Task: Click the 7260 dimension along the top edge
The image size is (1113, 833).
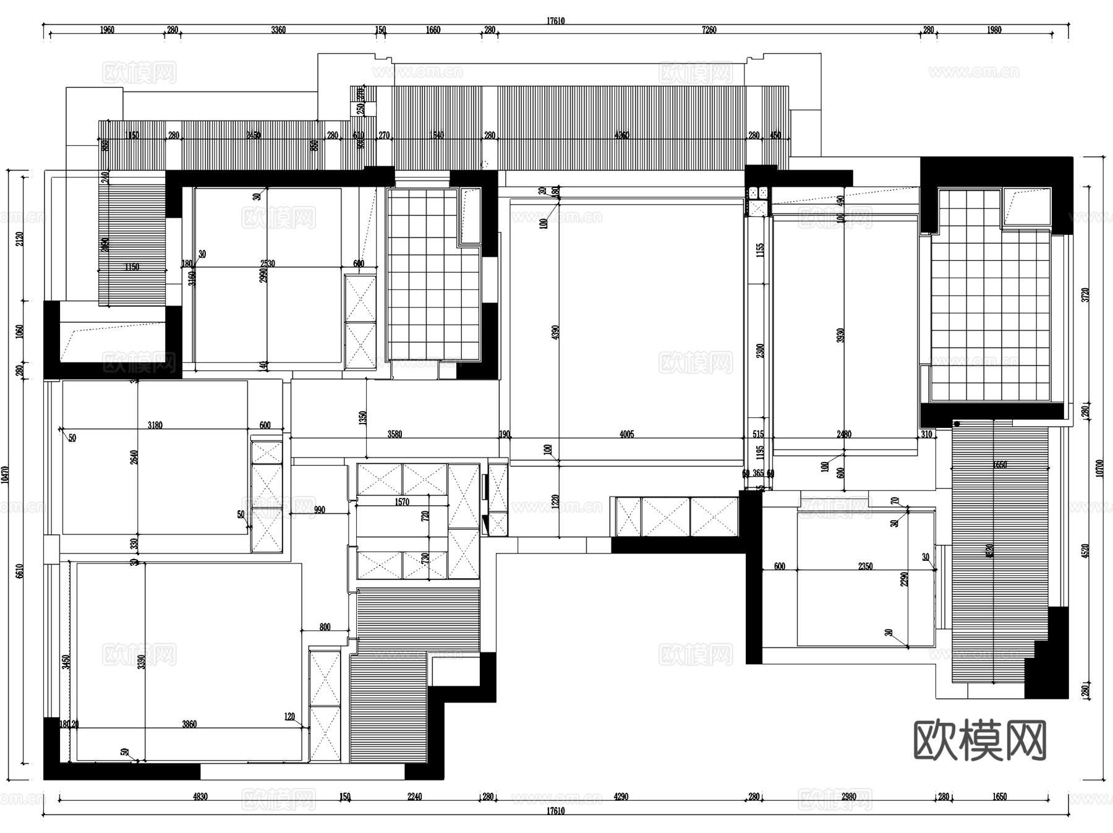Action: (x=709, y=30)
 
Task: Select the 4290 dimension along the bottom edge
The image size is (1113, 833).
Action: (x=621, y=797)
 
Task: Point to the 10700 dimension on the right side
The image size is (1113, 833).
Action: (x=1099, y=468)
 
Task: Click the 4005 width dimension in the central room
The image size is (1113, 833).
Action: (x=626, y=434)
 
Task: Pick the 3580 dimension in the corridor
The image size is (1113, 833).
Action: (x=394, y=434)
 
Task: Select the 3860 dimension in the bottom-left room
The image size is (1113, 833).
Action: (x=189, y=724)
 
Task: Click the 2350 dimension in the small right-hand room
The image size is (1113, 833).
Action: (x=865, y=566)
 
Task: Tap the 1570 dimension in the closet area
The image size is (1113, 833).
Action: (x=402, y=502)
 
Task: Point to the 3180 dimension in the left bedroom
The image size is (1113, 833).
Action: (x=155, y=425)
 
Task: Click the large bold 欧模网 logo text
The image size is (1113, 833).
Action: (x=979, y=740)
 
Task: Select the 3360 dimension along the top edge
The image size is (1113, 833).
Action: (x=278, y=30)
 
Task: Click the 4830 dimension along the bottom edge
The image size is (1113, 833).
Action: (x=200, y=797)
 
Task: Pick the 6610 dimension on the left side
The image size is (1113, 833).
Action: (x=20, y=570)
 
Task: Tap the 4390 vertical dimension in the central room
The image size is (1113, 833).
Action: (x=555, y=332)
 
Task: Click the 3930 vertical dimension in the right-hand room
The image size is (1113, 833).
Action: (x=840, y=336)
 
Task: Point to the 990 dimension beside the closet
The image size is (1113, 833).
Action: (x=319, y=510)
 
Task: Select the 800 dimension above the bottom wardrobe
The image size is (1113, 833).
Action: (x=325, y=626)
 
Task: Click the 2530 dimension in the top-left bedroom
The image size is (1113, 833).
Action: (x=267, y=263)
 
